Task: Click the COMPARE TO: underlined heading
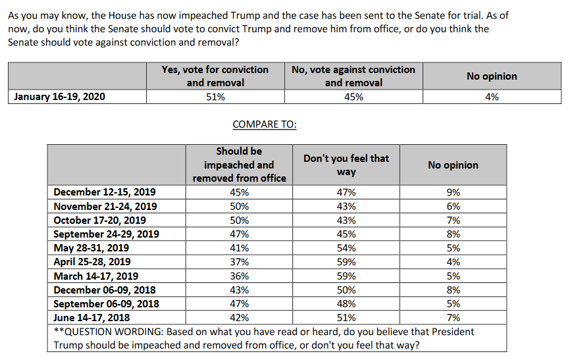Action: [265, 124]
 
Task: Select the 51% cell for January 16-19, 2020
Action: [215, 97]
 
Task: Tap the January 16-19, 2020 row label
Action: [59, 97]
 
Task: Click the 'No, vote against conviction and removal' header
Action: [353, 76]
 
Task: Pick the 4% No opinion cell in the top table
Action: [492, 97]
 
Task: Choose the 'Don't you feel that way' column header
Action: [346, 165]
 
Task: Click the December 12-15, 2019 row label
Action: [105, 192]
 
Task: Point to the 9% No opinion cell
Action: [453, 192]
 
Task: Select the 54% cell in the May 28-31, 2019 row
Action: [346, 248]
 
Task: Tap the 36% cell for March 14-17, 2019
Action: [239, 276]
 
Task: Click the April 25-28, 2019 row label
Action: [92, 262]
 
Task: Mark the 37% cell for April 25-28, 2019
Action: [239, 262]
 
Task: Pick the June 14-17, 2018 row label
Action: [91, 318]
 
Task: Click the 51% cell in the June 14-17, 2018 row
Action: [346, 318]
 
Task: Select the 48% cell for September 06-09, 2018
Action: [346, 304]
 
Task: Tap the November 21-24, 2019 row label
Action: [105, 207]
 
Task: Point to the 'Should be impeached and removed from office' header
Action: [239, 165]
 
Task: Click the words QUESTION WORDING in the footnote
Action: [113, 332]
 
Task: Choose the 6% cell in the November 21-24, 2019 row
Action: [453, 207]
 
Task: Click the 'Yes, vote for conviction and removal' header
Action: [215, 76]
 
